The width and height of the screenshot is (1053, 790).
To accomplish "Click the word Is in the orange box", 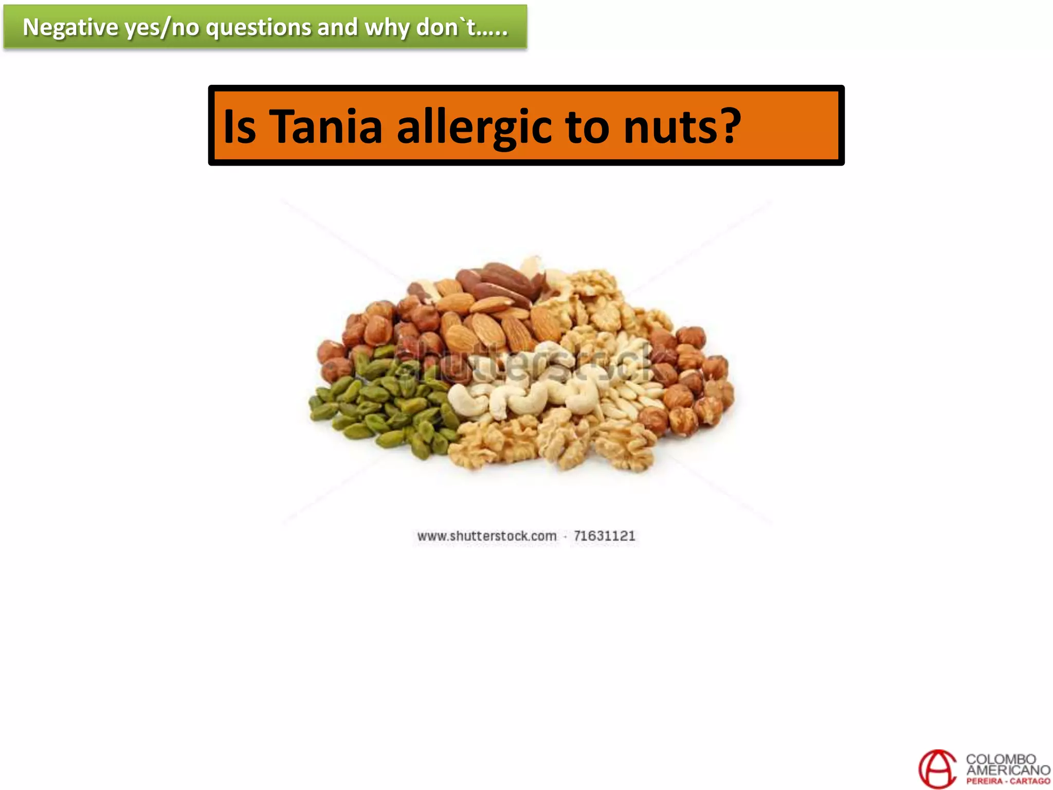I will pos(240,127).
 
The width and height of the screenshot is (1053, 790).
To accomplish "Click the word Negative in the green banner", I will pos(70,27).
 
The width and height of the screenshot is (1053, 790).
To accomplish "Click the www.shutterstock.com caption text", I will pos(486,536).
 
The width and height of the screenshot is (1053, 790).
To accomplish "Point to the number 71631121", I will pos(604,536).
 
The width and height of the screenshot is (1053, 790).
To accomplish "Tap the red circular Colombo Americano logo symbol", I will pos(937,768).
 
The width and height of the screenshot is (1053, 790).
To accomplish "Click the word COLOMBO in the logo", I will pos(1001,759).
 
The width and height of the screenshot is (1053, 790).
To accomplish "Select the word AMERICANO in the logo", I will pos(1008,770).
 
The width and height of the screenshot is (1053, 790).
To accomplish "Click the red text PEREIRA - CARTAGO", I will pos(1008,781).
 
